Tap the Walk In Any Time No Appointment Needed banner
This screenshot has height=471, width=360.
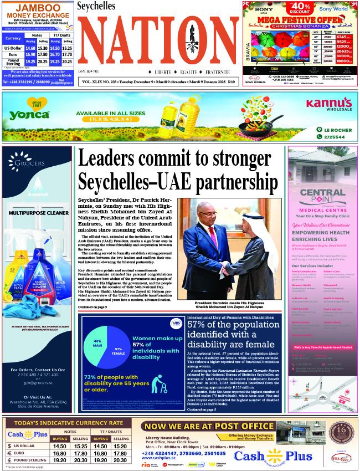(323, 347)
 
